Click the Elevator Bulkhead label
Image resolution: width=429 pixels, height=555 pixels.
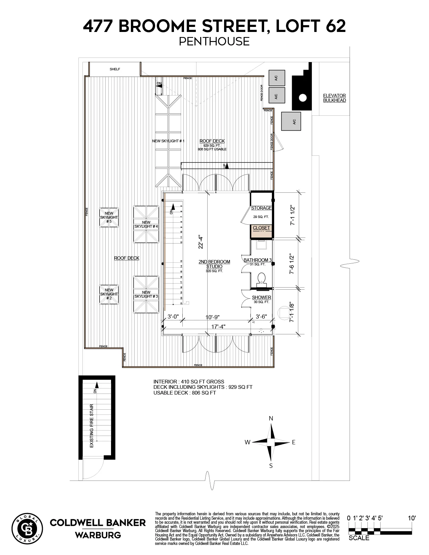click(334, 98)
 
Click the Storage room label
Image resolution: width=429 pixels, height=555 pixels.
click(261, 208)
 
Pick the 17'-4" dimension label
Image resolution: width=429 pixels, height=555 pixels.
click(218, 326)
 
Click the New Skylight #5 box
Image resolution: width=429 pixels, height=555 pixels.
click(109, 217)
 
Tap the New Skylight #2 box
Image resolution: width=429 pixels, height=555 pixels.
click(109, 294)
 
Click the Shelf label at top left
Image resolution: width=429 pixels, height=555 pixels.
click(115, 69)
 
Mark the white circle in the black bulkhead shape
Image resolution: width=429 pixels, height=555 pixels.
click(303, 98)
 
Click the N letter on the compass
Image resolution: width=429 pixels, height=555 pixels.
click(271, 419)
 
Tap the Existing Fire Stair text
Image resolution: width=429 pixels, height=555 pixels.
click(91, 426)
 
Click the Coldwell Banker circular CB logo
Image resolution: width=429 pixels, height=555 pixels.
click(27, 529)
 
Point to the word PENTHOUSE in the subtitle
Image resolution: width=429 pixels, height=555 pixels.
click(214, 41)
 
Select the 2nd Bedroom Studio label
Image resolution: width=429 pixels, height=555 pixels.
click(214, 264)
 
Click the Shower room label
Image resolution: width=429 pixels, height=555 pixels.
click(261, 297)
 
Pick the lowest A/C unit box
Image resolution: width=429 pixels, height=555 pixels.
click(291, 121)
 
